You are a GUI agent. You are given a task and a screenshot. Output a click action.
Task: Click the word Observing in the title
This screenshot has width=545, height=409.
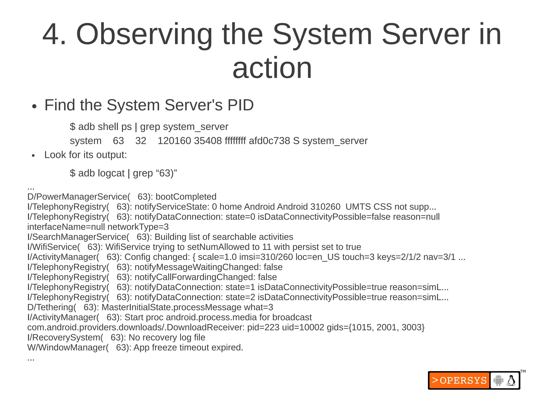pyautogui.click(x=144, y=35)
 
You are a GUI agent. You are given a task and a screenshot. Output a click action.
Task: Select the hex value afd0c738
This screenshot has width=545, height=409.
pyautogui.click(x=269, y=141)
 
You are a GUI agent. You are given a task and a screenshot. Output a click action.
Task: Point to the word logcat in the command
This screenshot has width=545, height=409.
pyautogui.click(x=111, y=173)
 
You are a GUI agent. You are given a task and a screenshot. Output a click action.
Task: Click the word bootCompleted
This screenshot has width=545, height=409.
pyautogui.click(x=186, y=197)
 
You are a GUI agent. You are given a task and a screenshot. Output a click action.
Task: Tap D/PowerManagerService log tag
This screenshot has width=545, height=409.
pyautogui.click(x=79, y=197)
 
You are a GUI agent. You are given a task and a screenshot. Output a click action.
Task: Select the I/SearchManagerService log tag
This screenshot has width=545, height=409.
pyautogui.click(x=78, y=237)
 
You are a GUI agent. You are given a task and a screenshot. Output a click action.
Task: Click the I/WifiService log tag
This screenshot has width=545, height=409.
pyautogui.click(x=53, y=247)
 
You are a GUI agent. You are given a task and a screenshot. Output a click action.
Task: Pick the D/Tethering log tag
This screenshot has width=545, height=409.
pyautogui.click(x=52, y=307)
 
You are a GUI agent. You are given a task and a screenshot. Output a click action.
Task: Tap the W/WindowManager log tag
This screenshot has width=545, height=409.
pyautogui.click(x=68, y=347)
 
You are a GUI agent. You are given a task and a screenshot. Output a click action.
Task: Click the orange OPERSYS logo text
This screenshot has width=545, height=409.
pyautogui.click(x=459, y=380)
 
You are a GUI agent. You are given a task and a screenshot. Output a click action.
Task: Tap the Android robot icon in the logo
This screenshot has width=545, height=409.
pyautogui.click(x=498, y=380)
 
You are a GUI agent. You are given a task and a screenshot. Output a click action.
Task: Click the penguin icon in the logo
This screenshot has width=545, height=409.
pyautogui.click(x=511, y=380)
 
